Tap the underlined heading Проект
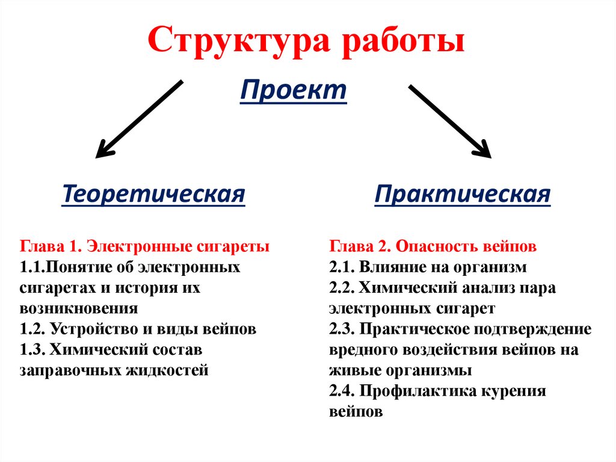click(x=294, y=92)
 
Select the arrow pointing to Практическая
click(x=450, y=120)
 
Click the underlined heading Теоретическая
click(x=154, y=195)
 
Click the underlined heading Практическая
click(x=462, y=195)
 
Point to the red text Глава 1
click(x=51, y=246)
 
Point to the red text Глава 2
click(x=360, y=246)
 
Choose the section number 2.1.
click(x=342, y=267)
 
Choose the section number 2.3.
click(x=342, y=329)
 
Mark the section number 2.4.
click(x=342, y=392)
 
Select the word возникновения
click(x=79, y=308)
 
